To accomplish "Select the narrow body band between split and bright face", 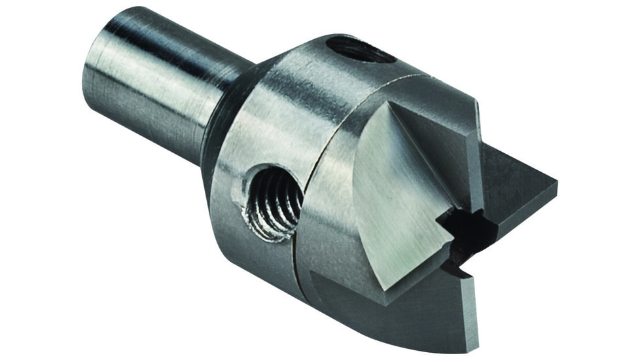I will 334,216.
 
